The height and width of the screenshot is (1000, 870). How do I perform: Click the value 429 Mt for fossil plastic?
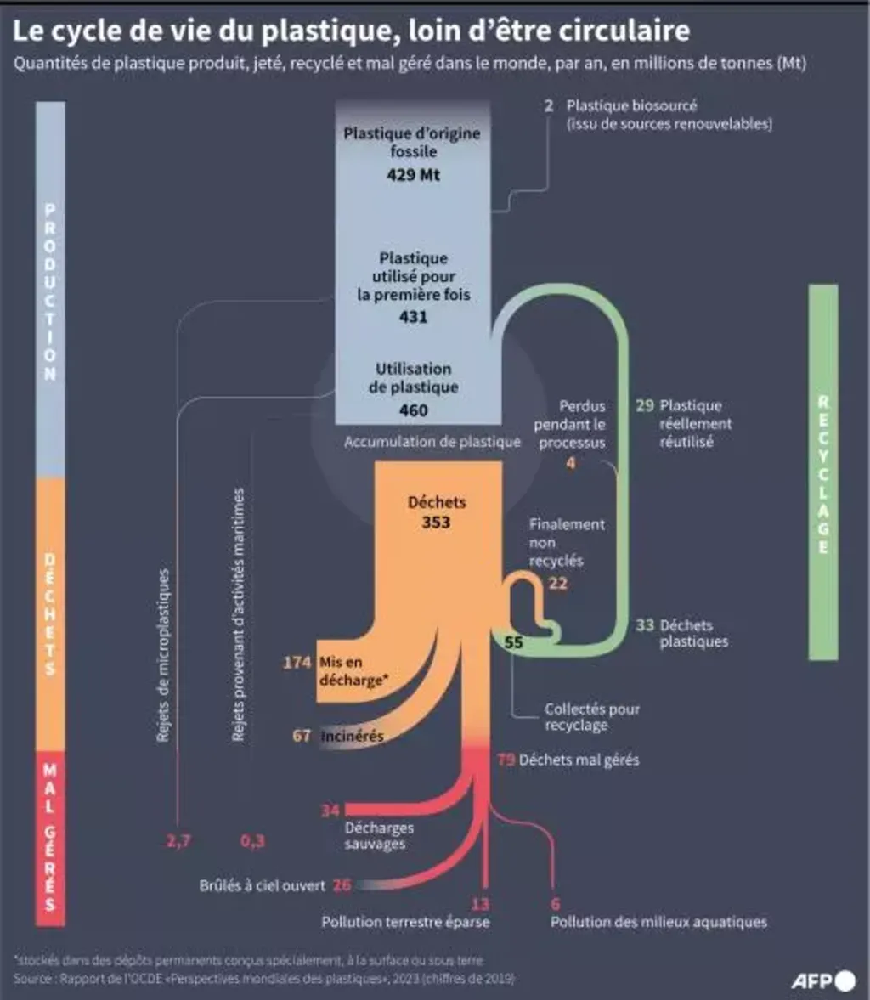pos(413,175)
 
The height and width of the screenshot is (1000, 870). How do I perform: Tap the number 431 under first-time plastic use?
pos(413,317)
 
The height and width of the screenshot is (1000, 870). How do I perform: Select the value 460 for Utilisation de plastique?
pos(413,410)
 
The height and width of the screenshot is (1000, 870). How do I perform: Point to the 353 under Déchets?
pos(436,523)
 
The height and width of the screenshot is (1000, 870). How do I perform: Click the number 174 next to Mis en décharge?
pos(297,662)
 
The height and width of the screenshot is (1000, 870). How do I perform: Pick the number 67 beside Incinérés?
pos(302,736)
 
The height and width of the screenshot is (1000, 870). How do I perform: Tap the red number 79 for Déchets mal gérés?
pos(506,760)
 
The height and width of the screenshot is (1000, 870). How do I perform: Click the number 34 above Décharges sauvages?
pos(330,811)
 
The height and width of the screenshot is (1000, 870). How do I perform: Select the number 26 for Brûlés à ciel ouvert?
pos(342,885)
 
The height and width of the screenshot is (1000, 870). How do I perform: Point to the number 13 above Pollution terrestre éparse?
pos(480,904)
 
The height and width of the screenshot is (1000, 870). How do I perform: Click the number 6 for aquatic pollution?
pos(556,904)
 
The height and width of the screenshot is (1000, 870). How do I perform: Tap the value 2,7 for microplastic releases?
pos(178,841)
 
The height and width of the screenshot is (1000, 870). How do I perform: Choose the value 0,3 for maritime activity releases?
pos(252,841)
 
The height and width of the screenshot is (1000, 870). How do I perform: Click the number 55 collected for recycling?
pos(514,642)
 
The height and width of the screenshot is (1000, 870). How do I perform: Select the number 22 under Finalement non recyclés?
pos(557,583)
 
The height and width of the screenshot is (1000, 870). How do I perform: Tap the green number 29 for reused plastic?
pos(645,405)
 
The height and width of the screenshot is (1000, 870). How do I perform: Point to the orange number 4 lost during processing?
pos(571,463)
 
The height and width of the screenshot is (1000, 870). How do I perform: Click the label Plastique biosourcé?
pos(631,106)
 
